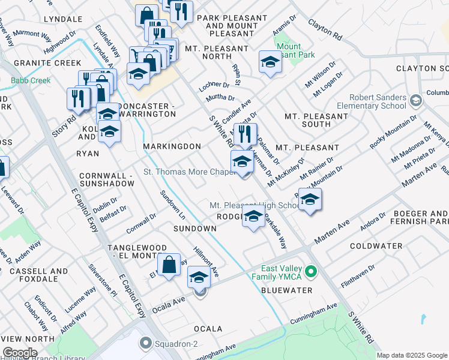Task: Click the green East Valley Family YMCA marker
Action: click(x=310, y=273)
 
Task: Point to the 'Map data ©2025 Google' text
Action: click(x=412, y=355)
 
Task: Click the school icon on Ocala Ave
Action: click(x=199, y=277)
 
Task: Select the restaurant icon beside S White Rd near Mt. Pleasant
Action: click(x=245, y=134)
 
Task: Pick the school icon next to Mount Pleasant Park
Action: click(x=270, y=62)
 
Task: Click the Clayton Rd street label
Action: click(x=325, y=29)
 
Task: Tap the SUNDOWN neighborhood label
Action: click(x=194, y=229)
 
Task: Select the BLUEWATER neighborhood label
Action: click(x=287, y=290)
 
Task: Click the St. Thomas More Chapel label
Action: click(x=188, y=172)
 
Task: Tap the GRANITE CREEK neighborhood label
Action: click(x=39, y=63)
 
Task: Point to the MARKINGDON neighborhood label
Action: click(x=172, y=146)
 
